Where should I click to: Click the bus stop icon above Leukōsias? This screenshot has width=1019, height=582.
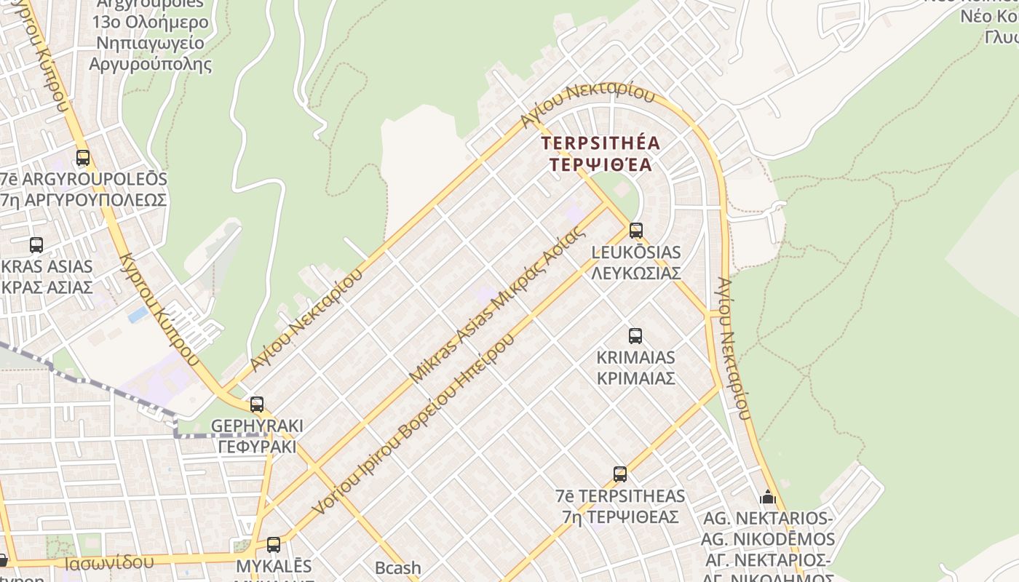coord(636,231)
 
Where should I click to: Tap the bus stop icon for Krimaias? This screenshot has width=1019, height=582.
coord(635,336)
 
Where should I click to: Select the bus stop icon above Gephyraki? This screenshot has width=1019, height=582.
coord(256,404)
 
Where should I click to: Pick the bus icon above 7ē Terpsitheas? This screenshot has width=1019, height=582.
coord(619,474)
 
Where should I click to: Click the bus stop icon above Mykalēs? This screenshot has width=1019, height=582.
coord(274,544)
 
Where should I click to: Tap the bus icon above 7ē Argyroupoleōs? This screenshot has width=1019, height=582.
coord(83,158)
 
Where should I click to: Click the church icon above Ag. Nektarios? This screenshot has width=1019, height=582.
coord(767,498)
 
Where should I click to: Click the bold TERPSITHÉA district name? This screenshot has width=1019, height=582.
coord(600,143)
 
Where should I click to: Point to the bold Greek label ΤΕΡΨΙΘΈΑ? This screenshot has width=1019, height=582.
coord(600,164)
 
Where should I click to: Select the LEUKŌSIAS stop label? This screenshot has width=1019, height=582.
coord(636,252)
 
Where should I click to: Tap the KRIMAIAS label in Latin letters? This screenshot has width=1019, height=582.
coord(635,358)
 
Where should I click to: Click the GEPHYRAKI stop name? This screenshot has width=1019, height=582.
coord(256,426)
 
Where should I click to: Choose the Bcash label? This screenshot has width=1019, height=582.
coord(397,567)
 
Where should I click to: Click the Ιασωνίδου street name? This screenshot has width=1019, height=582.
coord(108,562)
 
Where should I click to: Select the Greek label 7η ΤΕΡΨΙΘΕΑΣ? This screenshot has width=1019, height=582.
coord(620,517)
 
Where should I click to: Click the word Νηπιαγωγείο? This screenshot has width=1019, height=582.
coord(150,43)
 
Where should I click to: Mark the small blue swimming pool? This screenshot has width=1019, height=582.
coord(137,314)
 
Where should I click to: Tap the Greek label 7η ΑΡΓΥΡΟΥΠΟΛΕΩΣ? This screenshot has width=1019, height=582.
coord(84,199)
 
